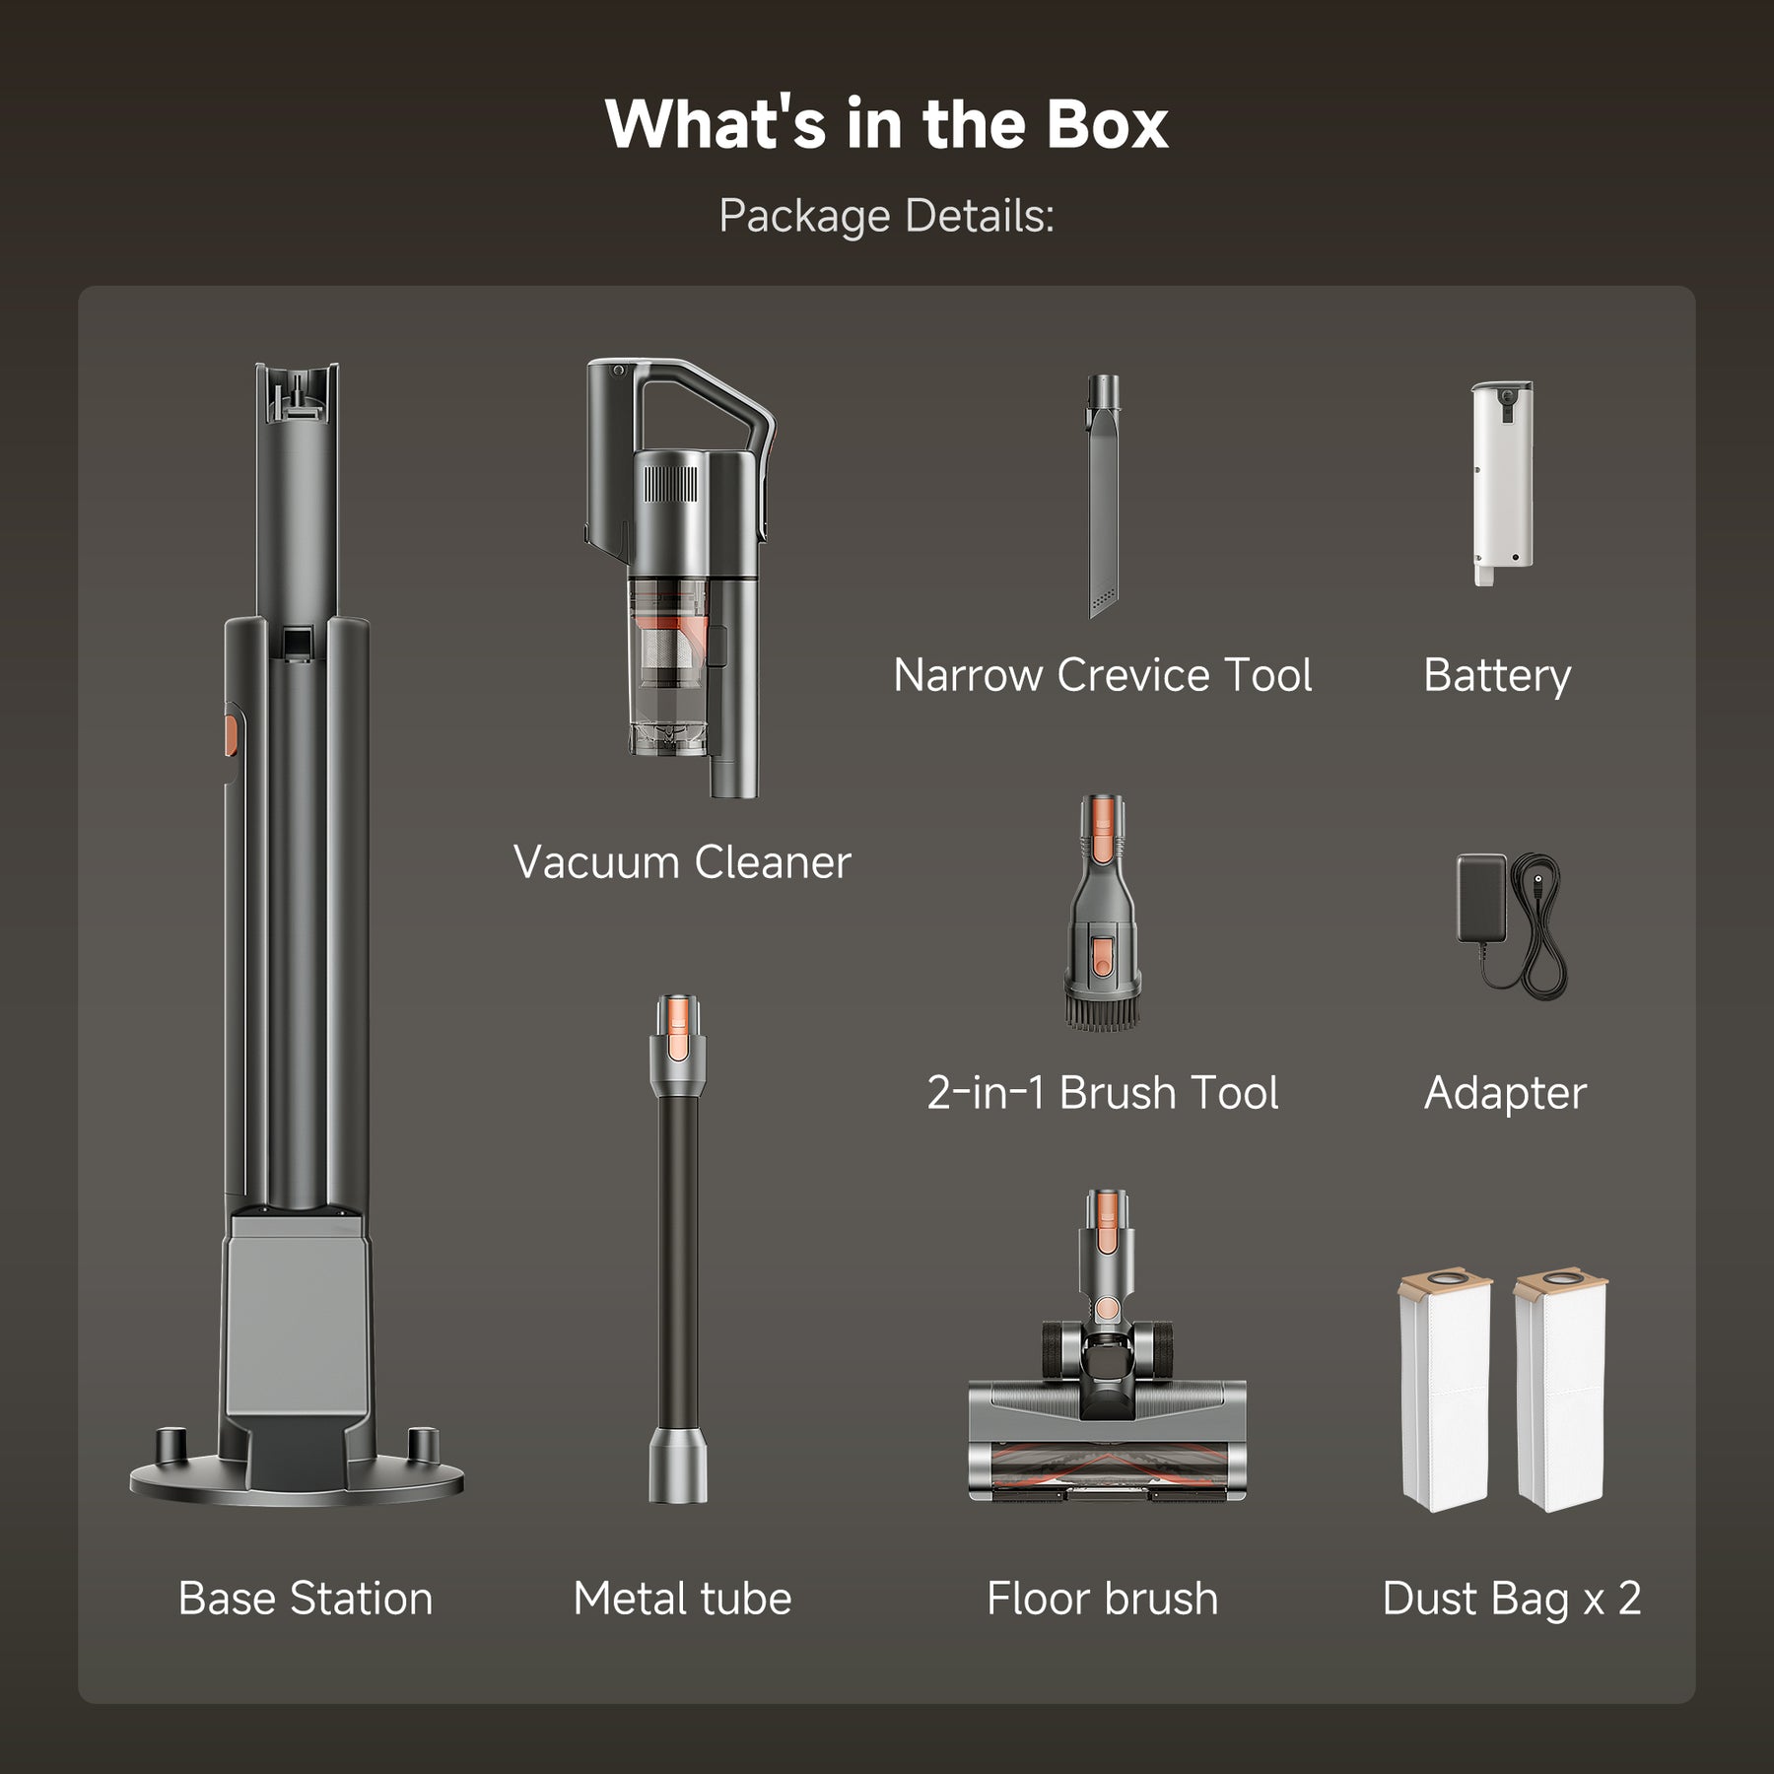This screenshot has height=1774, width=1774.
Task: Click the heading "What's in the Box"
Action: pyautogui.click(x=886, y=124)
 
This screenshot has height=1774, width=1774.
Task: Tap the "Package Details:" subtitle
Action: pyautogui.click(x=886, y=216)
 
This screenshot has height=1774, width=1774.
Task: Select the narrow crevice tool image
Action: pyautogui.click(x=1103, y=497)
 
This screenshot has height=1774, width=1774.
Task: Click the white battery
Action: pyautogui.click(x=1502, y=483)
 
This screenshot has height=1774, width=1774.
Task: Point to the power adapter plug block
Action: pyautogui.click(x=1481, y=898)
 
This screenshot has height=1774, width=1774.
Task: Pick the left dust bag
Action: pyautogui.click(x=1445, y=1391)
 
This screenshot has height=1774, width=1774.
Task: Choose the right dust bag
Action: pyautogui.click(x=1560, y=1391)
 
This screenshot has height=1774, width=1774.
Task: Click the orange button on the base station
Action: pyautogui.click(x=231, y=735)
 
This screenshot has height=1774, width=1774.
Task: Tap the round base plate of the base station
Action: pyautogui.click(x=297, y=1478)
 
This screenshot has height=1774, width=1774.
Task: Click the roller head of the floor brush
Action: pyautogui.click(x=1107, y=1467)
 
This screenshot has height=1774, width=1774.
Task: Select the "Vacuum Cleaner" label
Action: pyautogui.click(x=682, y=862)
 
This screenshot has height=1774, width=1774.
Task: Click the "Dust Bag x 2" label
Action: pyautogui.click(x=1512, y=1599)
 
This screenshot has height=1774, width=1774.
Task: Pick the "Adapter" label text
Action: pyautogui.click(x=1505, y=1093)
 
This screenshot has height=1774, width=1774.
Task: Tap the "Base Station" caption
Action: pyautogui.click(x=306, y=1599)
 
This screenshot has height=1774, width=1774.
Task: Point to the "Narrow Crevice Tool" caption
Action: pyautogui.click(x=1103, y=675)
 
